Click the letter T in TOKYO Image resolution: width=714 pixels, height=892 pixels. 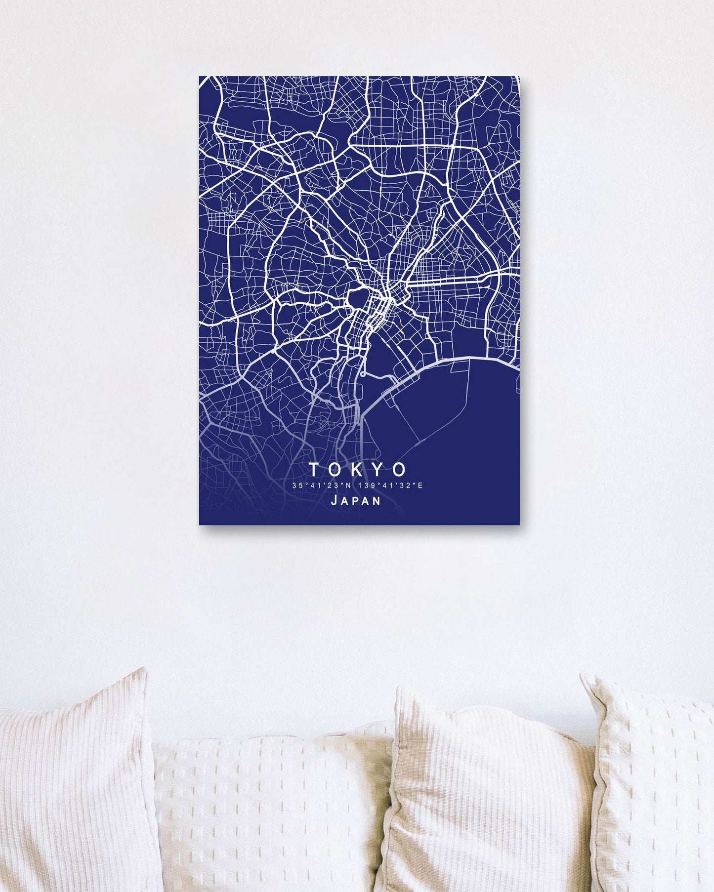tap(313, 468)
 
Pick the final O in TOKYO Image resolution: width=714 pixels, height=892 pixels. tap(400, 468)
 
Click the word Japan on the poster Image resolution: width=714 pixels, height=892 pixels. tap(356, 501)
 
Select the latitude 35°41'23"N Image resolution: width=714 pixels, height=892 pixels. tap(322, 486)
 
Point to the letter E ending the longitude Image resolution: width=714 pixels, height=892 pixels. tap(420, 486)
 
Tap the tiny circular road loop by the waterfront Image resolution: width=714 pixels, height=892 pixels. tap(363, 374)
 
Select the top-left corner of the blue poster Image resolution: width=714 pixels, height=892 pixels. tap(200, 77)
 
